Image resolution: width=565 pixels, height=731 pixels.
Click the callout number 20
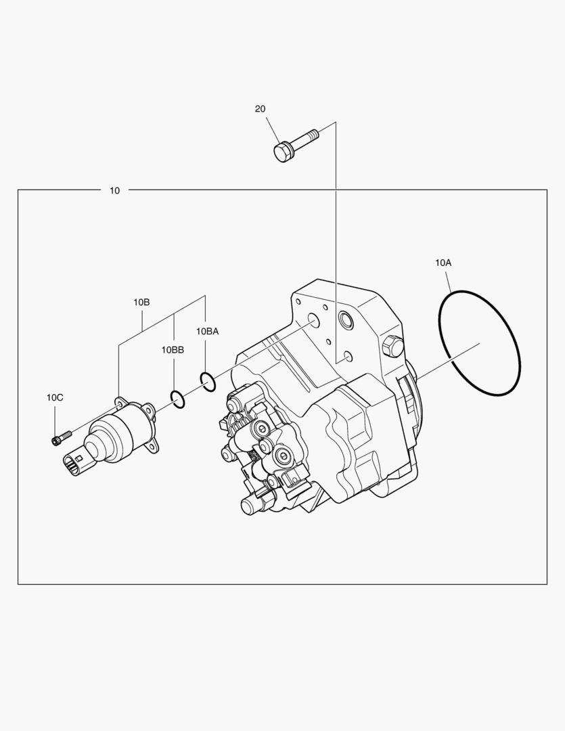(260, 109)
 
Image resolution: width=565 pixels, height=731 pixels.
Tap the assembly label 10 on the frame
(114, 191)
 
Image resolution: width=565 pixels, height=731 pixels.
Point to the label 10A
(443, 262)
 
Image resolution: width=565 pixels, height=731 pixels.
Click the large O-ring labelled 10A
(479, 343)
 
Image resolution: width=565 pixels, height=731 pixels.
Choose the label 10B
(141, 303)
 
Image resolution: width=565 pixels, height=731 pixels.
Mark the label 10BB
(173, 350)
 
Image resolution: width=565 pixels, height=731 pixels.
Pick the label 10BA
(208, 331)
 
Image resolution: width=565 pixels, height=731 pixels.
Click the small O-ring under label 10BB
(177, 399)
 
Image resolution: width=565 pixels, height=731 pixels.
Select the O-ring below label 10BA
(208, 381)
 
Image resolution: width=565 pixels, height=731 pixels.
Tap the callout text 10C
(55, 397)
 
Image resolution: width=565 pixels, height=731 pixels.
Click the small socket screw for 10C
(60, 438)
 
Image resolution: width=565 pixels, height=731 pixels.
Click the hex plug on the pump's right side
(392, 347)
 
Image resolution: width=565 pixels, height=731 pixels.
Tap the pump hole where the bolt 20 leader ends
(347, 356)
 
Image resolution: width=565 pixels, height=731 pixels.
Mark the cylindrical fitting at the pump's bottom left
(250, 504)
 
